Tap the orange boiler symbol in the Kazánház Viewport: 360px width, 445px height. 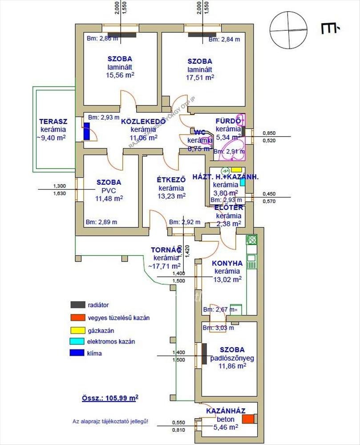pos(253,419)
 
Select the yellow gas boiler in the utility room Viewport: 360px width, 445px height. pos(236,170)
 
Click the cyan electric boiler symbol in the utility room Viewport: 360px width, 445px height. pos(243,182)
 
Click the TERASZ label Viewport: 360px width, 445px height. pos(53,121)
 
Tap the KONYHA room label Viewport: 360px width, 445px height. pos(227,263)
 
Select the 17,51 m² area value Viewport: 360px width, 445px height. pos(200,77)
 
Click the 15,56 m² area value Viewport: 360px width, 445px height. pos(120,76)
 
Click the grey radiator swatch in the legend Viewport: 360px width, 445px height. pos(77,305)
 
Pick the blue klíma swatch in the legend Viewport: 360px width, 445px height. pos(77,353)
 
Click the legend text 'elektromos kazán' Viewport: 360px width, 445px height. pos(111,342)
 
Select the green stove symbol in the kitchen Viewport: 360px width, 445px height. pos(252,240)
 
